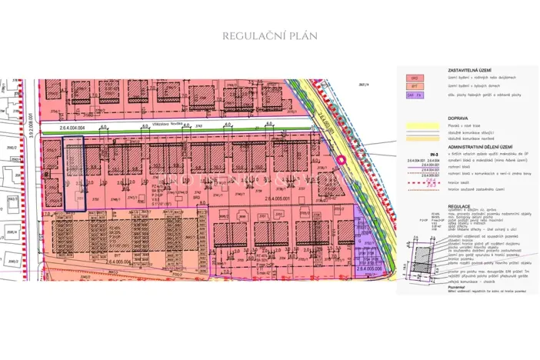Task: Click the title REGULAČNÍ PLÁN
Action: click(269, 35)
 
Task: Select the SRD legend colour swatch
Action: click(414, 78)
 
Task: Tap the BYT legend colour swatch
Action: click(414, 87)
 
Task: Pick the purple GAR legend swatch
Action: click(414, 95)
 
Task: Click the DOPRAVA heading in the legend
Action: click(458, 118)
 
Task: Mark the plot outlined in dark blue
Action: click(74, 175)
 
